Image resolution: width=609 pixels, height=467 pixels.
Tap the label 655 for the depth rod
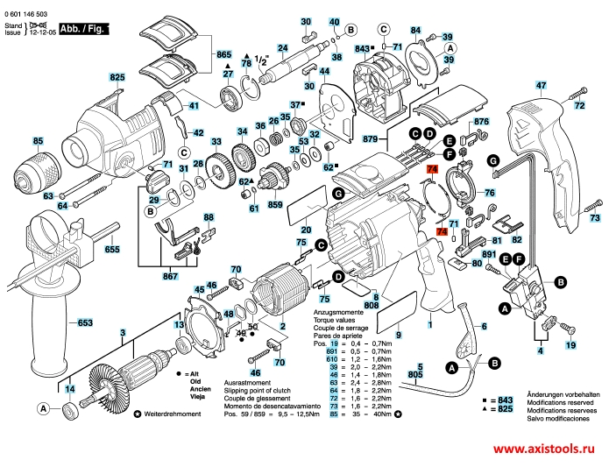112,250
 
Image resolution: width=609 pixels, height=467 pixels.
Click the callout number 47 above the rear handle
541,85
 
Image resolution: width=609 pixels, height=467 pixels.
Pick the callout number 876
482,123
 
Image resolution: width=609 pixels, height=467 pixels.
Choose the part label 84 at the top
415,32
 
